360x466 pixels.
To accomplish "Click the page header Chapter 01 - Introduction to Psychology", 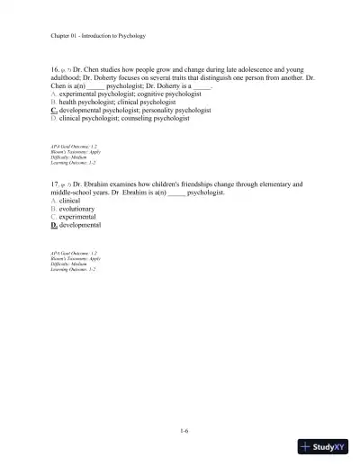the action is [98, 36].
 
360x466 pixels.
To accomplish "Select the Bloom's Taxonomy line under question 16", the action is [76, 151].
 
